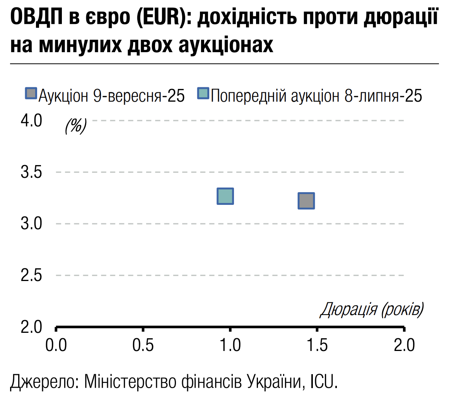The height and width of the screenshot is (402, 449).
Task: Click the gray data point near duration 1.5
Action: (306, 201)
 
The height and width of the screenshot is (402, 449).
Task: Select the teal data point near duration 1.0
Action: (225, 196)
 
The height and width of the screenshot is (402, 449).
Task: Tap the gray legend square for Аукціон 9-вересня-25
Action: (31, 94)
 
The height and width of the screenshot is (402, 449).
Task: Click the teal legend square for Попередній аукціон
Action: (203, 94)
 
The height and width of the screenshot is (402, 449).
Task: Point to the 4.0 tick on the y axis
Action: (31, 121)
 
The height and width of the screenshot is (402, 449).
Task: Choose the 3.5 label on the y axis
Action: (31, 172)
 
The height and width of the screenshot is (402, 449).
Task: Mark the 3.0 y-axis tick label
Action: (31, 224)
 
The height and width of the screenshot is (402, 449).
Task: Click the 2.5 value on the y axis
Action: (31, 276)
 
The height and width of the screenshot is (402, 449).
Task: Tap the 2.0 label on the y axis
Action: (31, 327)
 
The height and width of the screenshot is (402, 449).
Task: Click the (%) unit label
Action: (75, 125)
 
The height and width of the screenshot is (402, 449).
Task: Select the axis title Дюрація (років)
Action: (371, 310)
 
